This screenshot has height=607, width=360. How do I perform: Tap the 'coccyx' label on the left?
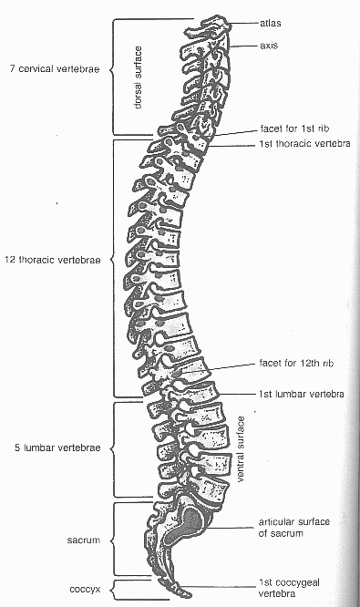pyautogui.click(x=84, y=588)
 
